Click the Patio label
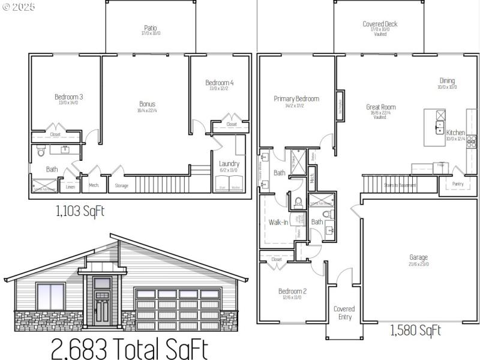(151, 28)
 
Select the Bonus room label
(147, 104)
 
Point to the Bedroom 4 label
(219, 83)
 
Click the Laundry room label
(229, 163)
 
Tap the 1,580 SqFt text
(415, 330)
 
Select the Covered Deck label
(380, 24)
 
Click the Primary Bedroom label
(296, 99)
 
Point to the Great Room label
(380, 107)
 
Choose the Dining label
(447, 81)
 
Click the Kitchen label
(455, 133)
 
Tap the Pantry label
(458, 184)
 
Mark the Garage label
(419, 257)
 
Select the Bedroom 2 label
(292, 292)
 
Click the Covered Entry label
(344, 313)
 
